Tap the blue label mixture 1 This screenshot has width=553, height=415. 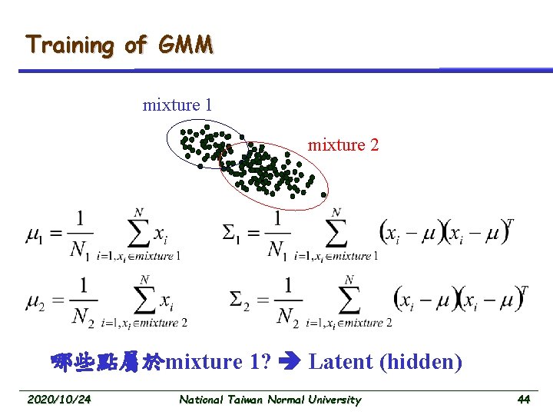[177, 105]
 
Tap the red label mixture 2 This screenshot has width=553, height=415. [343, 144]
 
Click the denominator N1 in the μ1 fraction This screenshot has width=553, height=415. [81, 251]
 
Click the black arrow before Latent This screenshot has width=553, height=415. [290, 362]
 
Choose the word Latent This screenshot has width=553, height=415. [341, 361]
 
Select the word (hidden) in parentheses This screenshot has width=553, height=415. [421, 362]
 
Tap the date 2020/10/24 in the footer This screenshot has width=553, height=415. [58, 400]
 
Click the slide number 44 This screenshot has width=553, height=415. [524, 400]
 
